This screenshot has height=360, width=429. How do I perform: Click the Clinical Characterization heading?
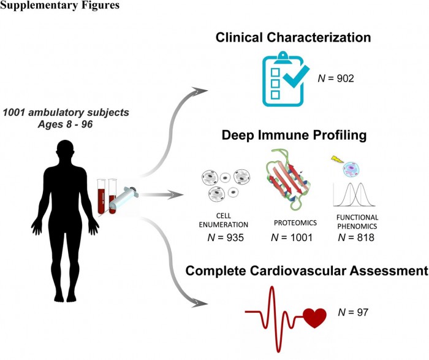(293, 37)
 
